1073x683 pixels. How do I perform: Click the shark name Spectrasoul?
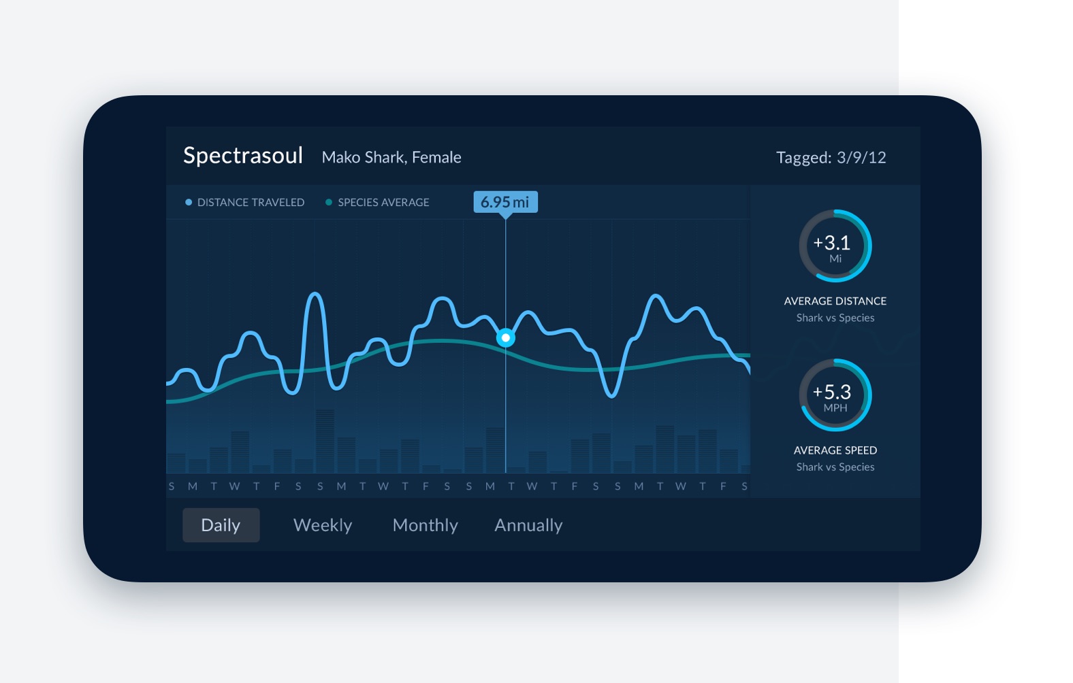coord(243,156)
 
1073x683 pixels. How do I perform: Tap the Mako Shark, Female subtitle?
coord(391,158)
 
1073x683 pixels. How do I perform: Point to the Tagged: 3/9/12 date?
coord(831,158)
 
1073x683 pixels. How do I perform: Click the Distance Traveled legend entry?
coord(251,203)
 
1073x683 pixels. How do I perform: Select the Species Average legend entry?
coord(383,203)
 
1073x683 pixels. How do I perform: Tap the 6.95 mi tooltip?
coord(505,202)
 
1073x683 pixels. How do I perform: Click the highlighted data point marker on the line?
coord(506,337)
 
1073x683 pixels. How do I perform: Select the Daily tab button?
coord(221,525)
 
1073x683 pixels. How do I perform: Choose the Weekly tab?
coord(323,525)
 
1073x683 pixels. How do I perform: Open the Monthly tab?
coord(426,525)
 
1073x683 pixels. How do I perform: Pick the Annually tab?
coord(528,525)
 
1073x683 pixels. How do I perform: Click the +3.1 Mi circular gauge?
coord(835,246)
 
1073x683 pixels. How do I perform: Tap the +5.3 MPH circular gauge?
coord(835,395)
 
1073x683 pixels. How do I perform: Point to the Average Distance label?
coord(835,301)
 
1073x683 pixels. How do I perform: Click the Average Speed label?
coord(835,450)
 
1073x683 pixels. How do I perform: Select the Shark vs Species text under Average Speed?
coord(835,467)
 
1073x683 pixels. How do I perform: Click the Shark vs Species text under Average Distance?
coord(835,318)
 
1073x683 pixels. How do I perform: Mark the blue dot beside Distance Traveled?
coord(189,203)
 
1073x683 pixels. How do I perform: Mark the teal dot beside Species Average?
coord(329,203)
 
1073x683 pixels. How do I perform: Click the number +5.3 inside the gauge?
coord(832,392)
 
